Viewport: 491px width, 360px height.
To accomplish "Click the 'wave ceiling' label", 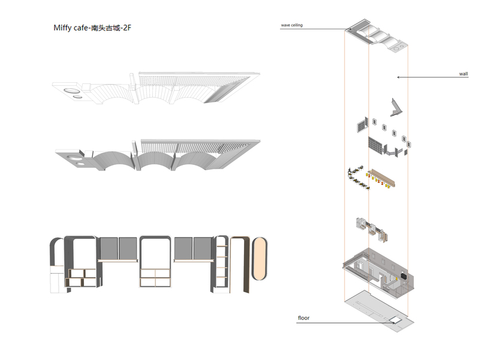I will coord(292,25).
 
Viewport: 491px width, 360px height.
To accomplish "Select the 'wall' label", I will coord(463,74).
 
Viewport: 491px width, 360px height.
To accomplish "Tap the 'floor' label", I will coord(303,317).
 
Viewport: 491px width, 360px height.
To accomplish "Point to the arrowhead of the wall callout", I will coord(398,77).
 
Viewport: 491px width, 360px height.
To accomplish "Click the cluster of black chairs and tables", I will coord(359,177).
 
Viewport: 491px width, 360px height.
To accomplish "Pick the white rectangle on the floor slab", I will coord(396,320).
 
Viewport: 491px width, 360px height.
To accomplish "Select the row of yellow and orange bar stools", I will coord(381,181).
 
